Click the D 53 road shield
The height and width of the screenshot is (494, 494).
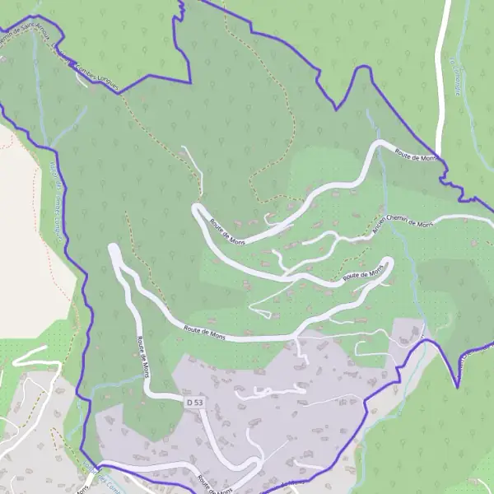pyautogui.click(x=194, y=401)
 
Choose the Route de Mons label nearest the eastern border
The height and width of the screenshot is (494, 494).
pyautogui.click(x=416, y=154)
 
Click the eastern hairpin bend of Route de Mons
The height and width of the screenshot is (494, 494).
pyautogui.click(x=389, y=263)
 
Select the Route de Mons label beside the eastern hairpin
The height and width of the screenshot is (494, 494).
pyautogui.click(x=363, y=274)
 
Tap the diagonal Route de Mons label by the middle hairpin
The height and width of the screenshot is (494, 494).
pyautogui.click(x=227, y=231)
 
